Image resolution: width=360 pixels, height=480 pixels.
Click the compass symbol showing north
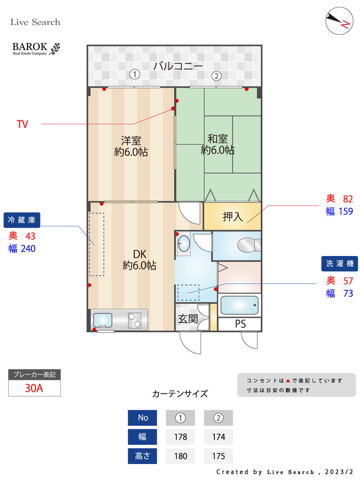point(339,21)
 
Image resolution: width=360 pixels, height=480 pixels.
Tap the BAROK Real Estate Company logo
point(36,49)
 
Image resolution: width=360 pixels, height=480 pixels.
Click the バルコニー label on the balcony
point(178,66)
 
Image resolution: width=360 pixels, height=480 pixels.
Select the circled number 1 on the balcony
point(135,75)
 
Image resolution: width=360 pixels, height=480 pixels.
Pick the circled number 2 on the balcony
point(217,76)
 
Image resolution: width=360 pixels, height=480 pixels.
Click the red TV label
point(22,124)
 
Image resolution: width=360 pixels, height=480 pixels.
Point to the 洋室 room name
point(131,140)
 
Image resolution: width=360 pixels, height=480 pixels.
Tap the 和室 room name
point(218,139)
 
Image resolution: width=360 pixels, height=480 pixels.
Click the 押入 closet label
point(233,217)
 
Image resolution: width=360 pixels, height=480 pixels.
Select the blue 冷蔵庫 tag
point(22,220)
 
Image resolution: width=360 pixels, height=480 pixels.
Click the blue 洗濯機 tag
point(340,264)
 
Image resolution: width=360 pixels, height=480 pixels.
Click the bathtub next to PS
point(239,305)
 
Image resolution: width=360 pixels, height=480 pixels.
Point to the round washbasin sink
point(184,244)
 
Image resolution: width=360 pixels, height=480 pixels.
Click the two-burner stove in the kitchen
point(134,320)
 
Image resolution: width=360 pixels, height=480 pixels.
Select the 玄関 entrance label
point(188,319)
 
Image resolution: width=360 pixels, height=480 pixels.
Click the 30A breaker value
point(34,388)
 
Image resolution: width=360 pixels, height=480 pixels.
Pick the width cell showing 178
point(180,437)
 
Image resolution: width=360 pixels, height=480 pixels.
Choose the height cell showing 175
point(219,456)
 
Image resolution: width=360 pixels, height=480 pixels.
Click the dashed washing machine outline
point(188,292)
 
